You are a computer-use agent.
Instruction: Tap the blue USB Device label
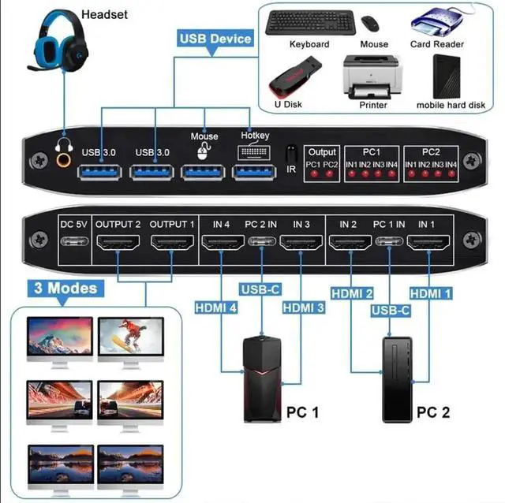tap(215, 38)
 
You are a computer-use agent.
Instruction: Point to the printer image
tap(372, 77)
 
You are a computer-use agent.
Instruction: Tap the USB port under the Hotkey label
tap(254, 170)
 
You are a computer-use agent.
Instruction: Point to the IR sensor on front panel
tap(291, 154)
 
